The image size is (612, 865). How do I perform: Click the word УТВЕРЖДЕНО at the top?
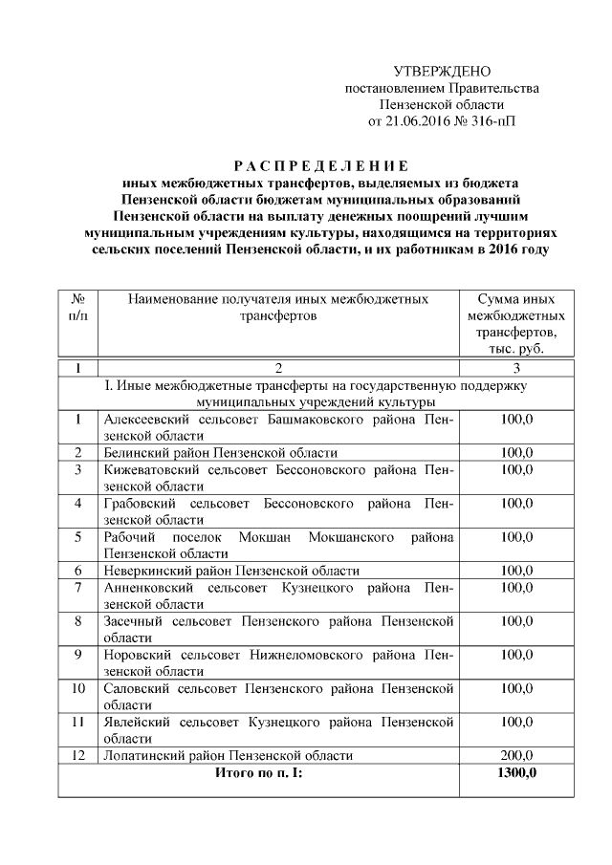click(442, 72)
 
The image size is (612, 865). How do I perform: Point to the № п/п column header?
click(76, 307)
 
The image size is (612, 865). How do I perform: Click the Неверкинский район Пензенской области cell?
click(231, 571)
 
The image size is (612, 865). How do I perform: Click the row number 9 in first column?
click(76, 655)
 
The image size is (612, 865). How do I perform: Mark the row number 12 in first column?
click(76, 755)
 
